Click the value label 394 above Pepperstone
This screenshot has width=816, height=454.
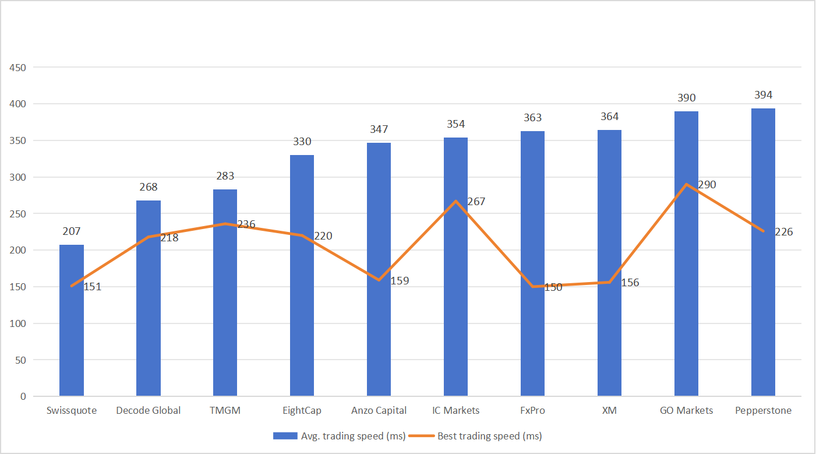763,95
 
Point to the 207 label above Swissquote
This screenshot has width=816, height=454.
72,231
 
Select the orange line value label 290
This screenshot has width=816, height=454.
707,185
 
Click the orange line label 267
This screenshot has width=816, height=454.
476,202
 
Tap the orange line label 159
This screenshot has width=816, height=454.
400,281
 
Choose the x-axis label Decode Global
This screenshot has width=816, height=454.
148,410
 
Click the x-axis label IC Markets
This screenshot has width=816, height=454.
455,410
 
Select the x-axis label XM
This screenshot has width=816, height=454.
609,410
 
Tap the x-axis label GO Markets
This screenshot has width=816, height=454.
686,410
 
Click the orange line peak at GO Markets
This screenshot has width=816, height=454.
686,184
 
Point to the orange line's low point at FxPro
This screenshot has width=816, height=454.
532,287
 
